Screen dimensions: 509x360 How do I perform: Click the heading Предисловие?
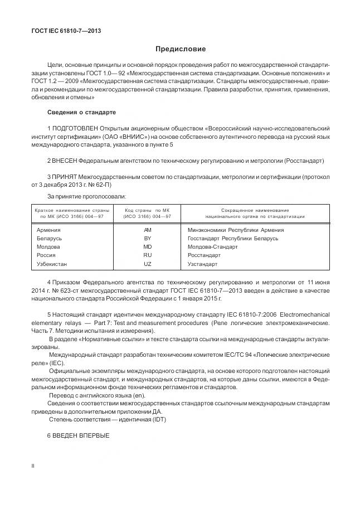180,49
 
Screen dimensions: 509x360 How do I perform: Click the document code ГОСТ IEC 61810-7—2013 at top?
66,31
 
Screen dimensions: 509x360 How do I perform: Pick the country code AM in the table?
147,230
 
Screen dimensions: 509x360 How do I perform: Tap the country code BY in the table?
147,238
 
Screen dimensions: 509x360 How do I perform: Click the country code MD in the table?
147,246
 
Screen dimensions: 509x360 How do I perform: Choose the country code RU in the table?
147,255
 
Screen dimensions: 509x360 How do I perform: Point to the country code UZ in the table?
147,264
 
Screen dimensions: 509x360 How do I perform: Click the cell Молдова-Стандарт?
213,246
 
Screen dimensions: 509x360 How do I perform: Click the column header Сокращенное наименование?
255,210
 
